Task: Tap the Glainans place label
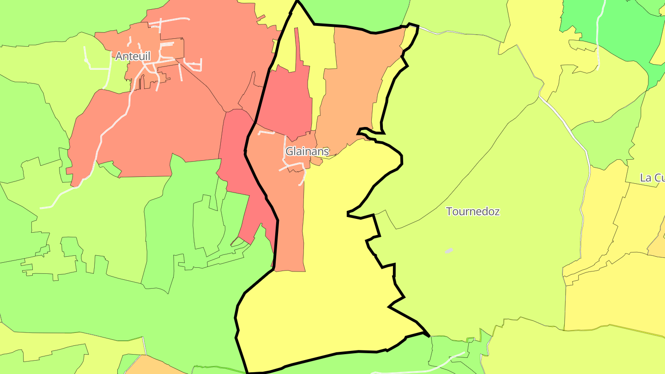coord(307,151)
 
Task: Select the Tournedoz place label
coord(472,211)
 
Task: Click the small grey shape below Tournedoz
coord(449,251)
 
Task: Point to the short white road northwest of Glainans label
coord(266,133)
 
